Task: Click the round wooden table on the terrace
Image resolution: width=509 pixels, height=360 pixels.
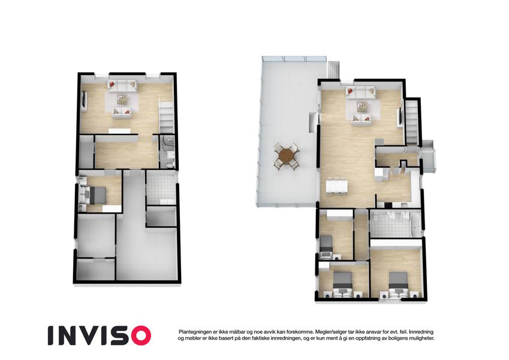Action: [285, 156]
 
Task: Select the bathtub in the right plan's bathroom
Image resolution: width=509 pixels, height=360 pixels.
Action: [415, 224]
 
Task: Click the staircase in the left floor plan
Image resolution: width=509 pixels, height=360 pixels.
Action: [167, 116]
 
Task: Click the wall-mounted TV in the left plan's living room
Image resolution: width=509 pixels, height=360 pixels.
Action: [85, 100]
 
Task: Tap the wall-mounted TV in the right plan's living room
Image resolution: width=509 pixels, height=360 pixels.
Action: [400, 117]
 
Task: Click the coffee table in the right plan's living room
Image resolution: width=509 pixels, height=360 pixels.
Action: [362, 106]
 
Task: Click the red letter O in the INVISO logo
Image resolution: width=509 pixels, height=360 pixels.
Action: [138, 335]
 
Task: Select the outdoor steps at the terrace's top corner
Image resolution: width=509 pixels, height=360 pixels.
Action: [333, 70]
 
